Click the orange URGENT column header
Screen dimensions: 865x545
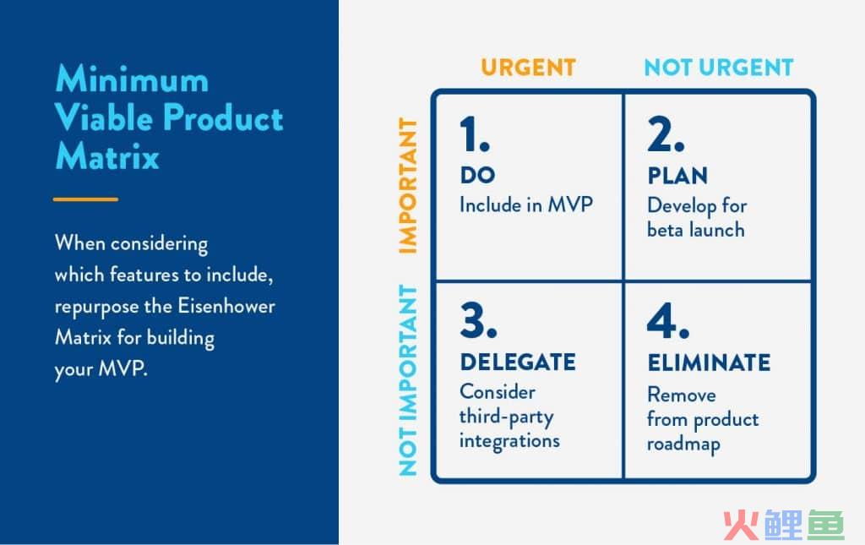pyautogui.click(x=528, y=68)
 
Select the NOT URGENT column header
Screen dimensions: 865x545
pyautogui.click(x=719, y=68)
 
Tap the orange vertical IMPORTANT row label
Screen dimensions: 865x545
pyautogui.click(x=408, y=185)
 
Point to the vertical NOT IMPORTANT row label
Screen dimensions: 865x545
pyautogui.click(x=408, y=380)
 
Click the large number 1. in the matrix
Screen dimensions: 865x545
pyautogui.click(x=475, y=134)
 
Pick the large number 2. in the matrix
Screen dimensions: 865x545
pyautogui.click(x=666, y=134)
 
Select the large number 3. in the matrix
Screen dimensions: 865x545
pyautogui.click(x=478, y=320)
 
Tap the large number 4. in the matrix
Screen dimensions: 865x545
pyautogui.click(x=668, y=320)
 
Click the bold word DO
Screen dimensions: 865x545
pyautogui.click(x=478, y=176)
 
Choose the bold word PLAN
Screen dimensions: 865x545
pyautogui.click(x=677, y=176)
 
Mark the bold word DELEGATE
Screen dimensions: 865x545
pyautogui.click(x=518, y=362)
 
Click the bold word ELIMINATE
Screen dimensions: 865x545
pyautogui.click(x=710, y=363)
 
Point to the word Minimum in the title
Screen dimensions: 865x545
pyautogui.click(x=133, y=79)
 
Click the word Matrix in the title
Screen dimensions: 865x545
pyautogui.click(x=107, y=155)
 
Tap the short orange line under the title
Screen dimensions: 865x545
pyautogui.click(x=85, y=199)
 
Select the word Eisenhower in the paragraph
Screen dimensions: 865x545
pyautogui.click(x=226, y=306)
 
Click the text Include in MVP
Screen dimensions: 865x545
pyautogui.click(x=526, y=205)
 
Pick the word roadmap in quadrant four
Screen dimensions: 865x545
pyautogui.click(x=683, y=444)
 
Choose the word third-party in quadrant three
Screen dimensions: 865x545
pyautogui.click(x=507, y=417)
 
